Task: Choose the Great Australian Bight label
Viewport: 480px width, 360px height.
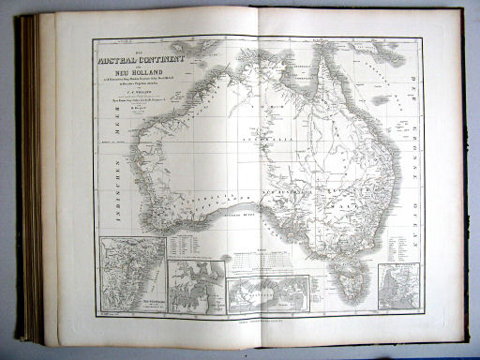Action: (x=243, y=214)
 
